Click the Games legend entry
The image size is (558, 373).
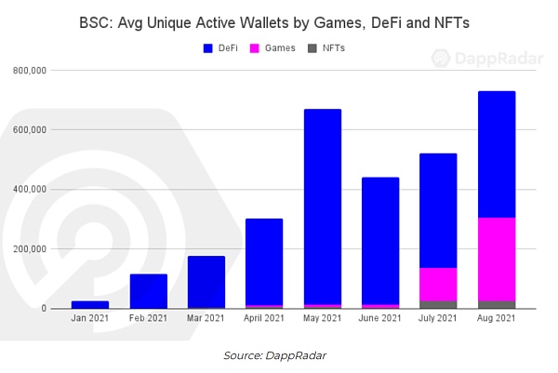coord(274,47)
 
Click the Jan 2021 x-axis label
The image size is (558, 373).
coord(89,319)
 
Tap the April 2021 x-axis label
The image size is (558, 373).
coord(263,319)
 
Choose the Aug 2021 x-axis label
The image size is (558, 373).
coord(496,319)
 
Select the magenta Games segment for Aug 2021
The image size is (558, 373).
coord(496,260)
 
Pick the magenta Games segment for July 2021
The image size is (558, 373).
coord(438,285)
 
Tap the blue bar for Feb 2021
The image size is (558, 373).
coord(148,291)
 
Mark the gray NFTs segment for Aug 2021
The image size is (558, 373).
coord(496,304)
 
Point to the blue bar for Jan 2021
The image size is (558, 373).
coord(89,304)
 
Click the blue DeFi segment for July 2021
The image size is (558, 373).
coord(438,210)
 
